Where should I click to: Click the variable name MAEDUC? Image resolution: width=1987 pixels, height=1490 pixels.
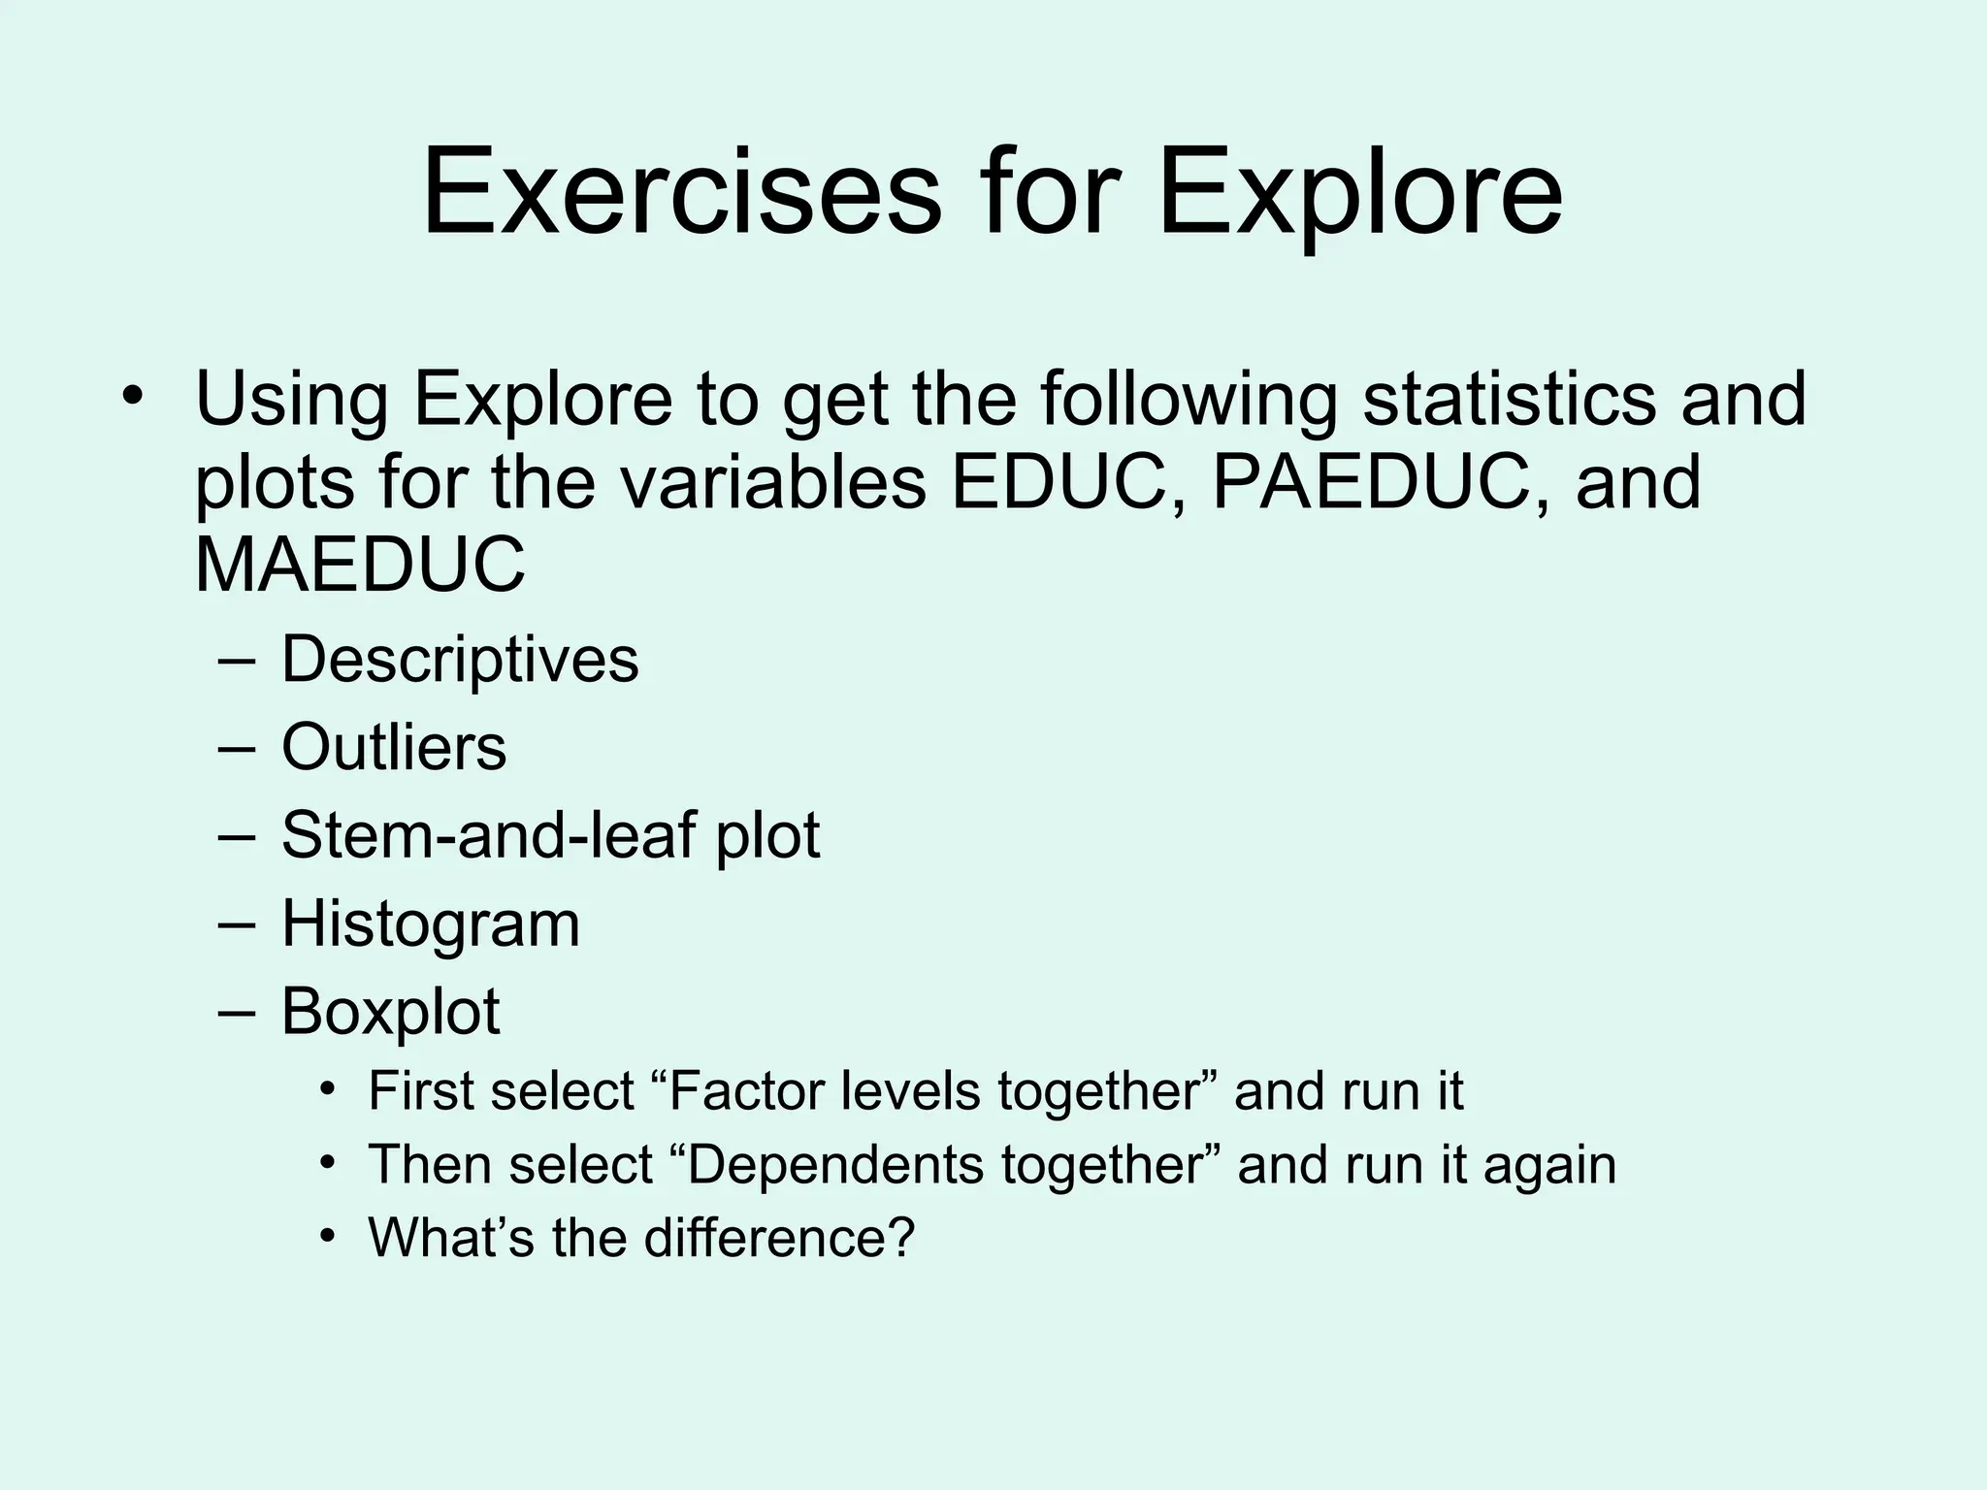click(x=360, y=566)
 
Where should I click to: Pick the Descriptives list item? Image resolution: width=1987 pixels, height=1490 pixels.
click(x=460, y=660)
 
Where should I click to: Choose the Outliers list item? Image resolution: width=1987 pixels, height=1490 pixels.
click(x=394, y=747)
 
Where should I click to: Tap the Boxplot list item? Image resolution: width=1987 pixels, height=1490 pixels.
click(x=390, y=1011)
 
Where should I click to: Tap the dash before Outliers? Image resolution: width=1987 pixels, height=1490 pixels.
click(x=238, y=748)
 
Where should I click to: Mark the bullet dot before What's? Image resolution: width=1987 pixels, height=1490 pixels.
click(x=329, y=1234)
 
